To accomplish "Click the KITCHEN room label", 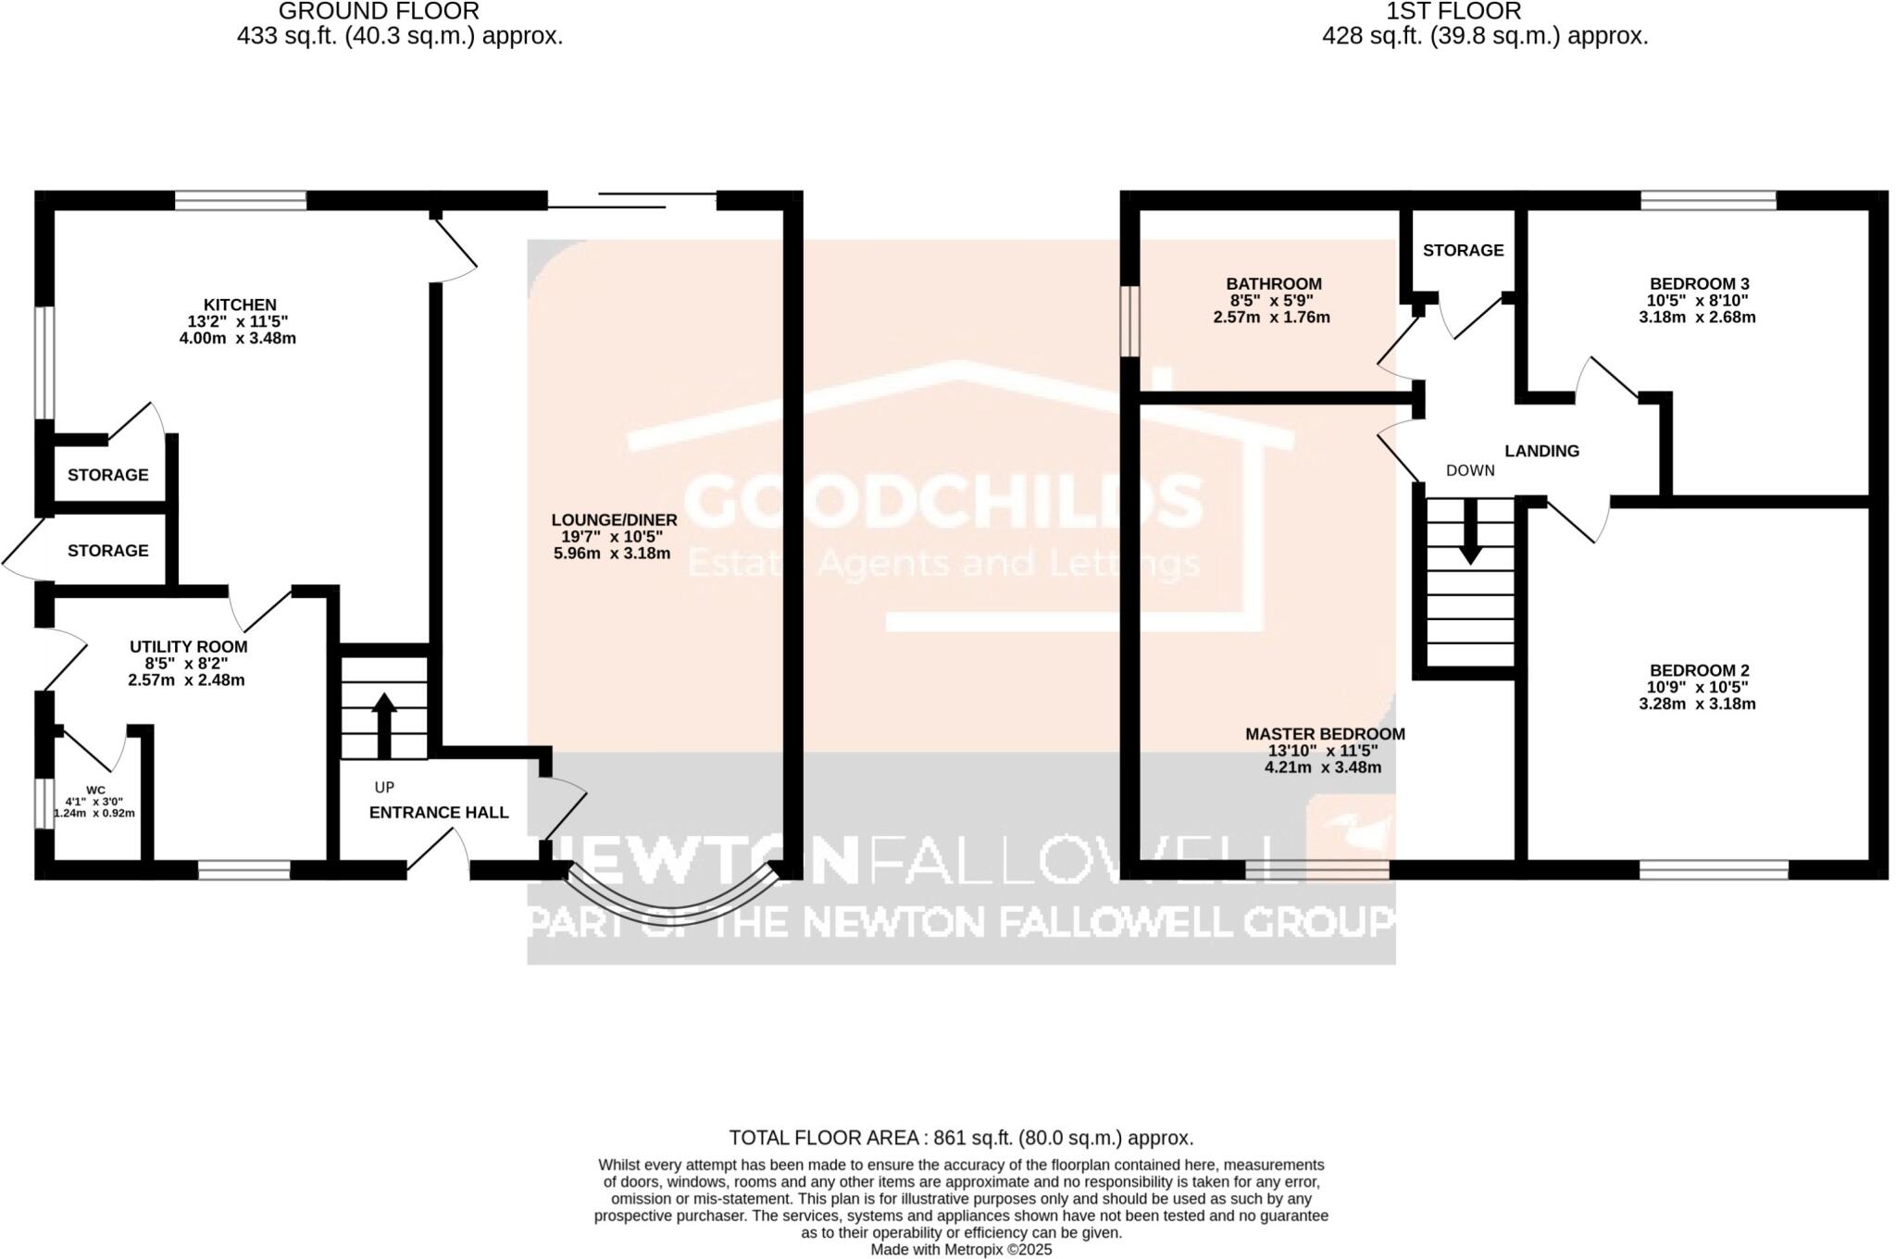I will (x=240, y=305).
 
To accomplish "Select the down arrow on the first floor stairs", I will (x=1470, y=542).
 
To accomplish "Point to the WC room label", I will (x=95, y=790).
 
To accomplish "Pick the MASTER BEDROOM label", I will (x=1325, y=734).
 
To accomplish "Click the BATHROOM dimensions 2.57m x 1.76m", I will (x=1271, y=318).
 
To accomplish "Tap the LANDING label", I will (x=1541, y=452).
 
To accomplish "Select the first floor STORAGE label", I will (x=1463, y=251).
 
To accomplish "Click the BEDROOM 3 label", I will (x=1699, y=284).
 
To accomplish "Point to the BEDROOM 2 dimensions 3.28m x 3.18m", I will (x=1697, y=704).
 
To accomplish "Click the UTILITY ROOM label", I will (x=188, y=647).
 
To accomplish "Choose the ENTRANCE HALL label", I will (x=439, y=813).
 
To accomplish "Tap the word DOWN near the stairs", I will (x=1470, y=471).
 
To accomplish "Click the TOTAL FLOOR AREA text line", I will (x=961, y=1138).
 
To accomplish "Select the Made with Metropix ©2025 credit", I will (x=961, y=1250).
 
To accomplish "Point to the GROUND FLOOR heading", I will (x=379, y=12).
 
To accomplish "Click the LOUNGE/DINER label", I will (x=614, y=520).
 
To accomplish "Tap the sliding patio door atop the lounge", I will (x=632, y=200).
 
